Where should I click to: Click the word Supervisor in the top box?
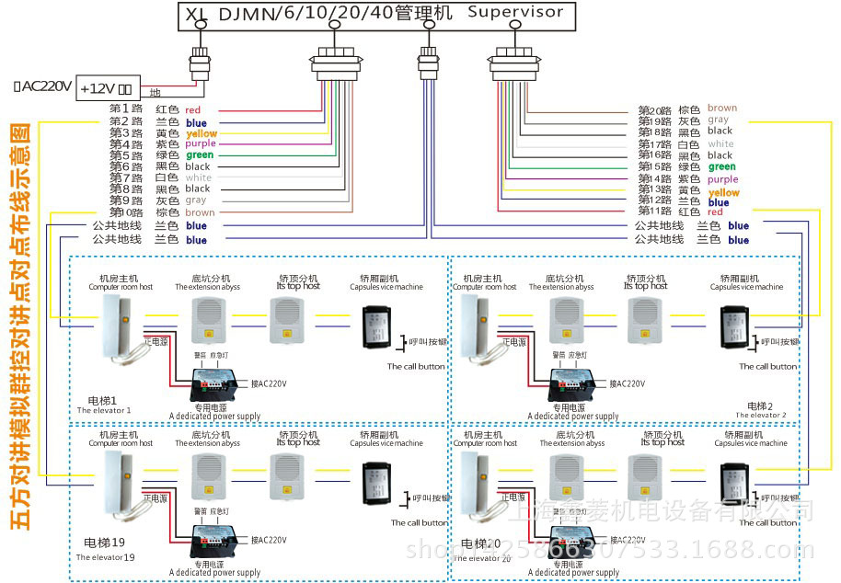pyautogui.click(x=514, y=13)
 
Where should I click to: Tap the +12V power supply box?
pyautogui.click(x=106, y=89)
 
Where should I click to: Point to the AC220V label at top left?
pyautogui.click(x=42, y=86)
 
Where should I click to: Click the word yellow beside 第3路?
pyautogui.click(x=201, y=133)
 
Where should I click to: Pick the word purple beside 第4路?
pyautogui.click(x=200, y=144)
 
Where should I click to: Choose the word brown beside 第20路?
pyautogui.click(x=721, y=109)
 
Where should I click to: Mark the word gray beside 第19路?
pyautogui.click(x=718, y=120)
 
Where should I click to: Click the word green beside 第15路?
pyautogui.click(x=721, y=166)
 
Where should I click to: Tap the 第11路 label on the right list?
pyautogui.click(x=655, y=211)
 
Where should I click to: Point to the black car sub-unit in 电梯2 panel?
pyautogui.click(x=736, y=321)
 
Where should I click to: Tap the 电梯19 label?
pyautogui.click(x=104, y=543)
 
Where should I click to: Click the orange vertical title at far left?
pyautogui.click(x=19, y=326)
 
